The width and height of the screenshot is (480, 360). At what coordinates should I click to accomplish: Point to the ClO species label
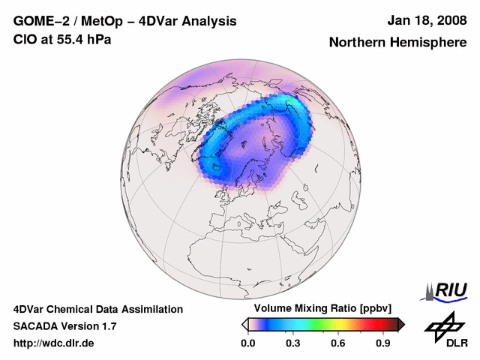(x=23, y=39)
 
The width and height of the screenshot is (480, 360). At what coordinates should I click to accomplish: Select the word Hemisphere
(x=430, y=43)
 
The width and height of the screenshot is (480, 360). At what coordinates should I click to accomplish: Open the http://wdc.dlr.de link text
(x=54, y=343)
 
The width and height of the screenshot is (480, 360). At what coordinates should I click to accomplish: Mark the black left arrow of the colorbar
(x=244, y=324)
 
